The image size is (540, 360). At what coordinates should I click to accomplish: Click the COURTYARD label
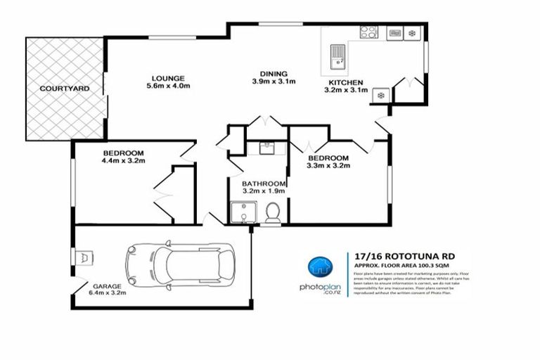point(64,89)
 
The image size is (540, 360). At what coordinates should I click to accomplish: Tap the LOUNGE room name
point(167,77)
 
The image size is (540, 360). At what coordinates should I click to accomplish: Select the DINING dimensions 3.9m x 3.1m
point(274,82)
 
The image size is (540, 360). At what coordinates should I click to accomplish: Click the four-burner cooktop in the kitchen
point(368,32)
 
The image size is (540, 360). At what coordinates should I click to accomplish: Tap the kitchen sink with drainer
point(337,56)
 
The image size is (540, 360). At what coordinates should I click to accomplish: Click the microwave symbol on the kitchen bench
point(394,32)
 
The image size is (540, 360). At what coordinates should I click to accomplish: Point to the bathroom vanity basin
point(266,147)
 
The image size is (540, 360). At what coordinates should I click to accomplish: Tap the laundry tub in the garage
point(86,257)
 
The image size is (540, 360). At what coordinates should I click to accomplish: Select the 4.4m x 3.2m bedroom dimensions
point(122,161)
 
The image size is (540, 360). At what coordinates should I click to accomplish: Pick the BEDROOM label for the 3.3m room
point(328,157)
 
